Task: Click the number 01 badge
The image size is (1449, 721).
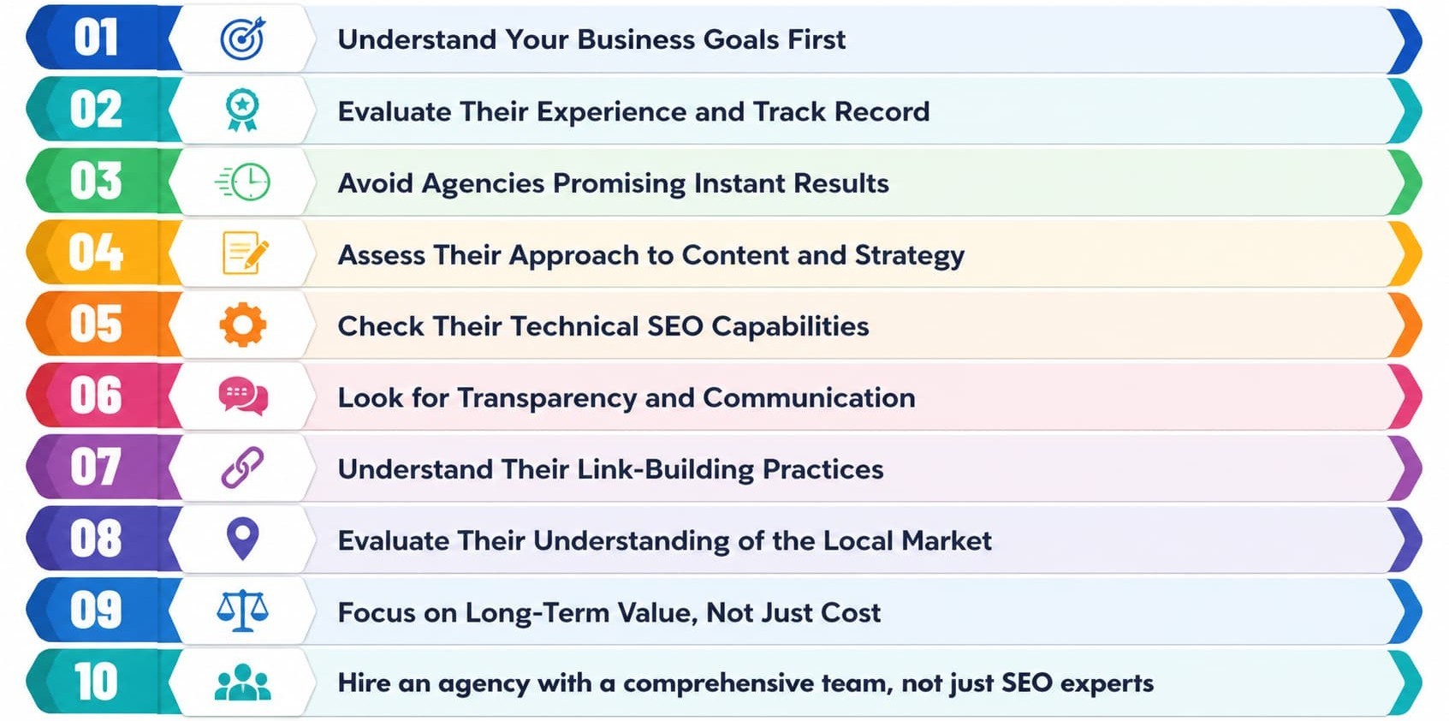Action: (x=96, y=38)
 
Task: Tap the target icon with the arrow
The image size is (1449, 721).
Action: (x=242, y=39)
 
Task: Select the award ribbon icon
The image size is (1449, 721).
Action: (x=242, y=110)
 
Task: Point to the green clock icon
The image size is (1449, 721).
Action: (x=242, y=182)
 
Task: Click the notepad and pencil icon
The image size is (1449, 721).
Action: (x=245, y=253)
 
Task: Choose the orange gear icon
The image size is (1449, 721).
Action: (x=242, y=325)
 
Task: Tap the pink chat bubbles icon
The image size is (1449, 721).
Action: (x=243, y=396)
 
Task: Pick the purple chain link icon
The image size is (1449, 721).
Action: (x=242, y=468)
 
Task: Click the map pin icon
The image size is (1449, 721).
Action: (x=242, y=539)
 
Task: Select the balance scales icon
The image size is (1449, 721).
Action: (x=242, y=611)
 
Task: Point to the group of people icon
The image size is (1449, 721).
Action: (x=242, y=682)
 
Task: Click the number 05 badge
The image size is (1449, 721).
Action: (x=96, y=324)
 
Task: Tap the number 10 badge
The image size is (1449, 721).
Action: (x=96, y=682)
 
